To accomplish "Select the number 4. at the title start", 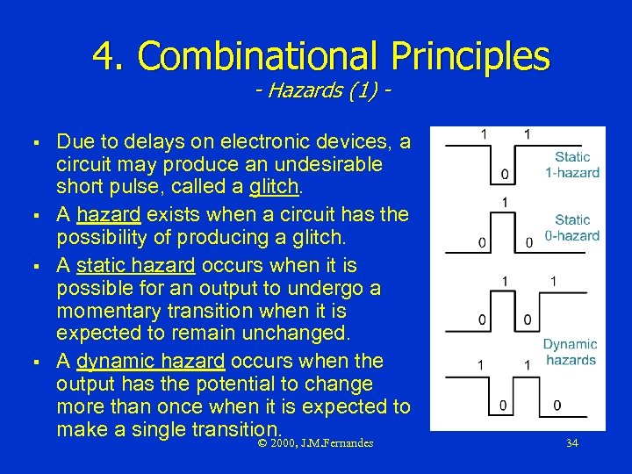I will pyautogui.click(x=111, y=57).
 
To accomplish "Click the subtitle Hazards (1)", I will pyautogui.click(x=320, y=92).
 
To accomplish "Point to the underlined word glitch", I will pyautogui.click(x=275, y=188).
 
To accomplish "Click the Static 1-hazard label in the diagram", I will pyautogui.click(x=572, y=165).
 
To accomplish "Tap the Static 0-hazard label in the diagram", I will pyautogui.click(x=572, y=227).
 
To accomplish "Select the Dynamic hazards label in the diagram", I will pyautogui.click(x=570, y=352).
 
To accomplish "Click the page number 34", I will pyautogui.click(x=571, y=443).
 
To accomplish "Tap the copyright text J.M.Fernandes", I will pyautogui.click(x=337, y=443).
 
